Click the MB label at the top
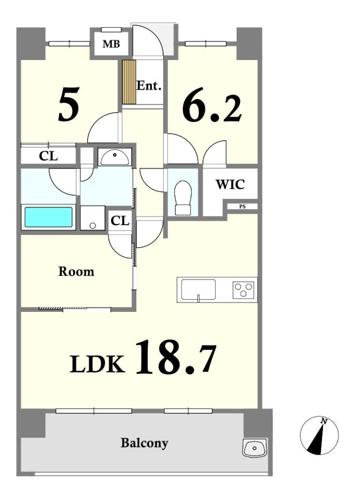(x=111, y=44)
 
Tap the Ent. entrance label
(x=149, y=86)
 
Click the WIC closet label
(x=230, y=184)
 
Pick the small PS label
(x=242, y=207)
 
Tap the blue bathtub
(x=48, y=217)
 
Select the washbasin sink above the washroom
(x=115, y=157)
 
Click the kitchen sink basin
(x=198, y=289)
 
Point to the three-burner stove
(x=244, y=290)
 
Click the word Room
(x=76, y=271)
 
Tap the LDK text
(x=97, y=364)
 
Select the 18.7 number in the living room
(x=175, y=357)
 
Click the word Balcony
(x=144, y=443)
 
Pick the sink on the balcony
(x=254, y=447)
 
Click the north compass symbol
(x=319, y=435)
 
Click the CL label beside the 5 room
(x=48, y=156)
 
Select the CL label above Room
(x=120, y=221)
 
